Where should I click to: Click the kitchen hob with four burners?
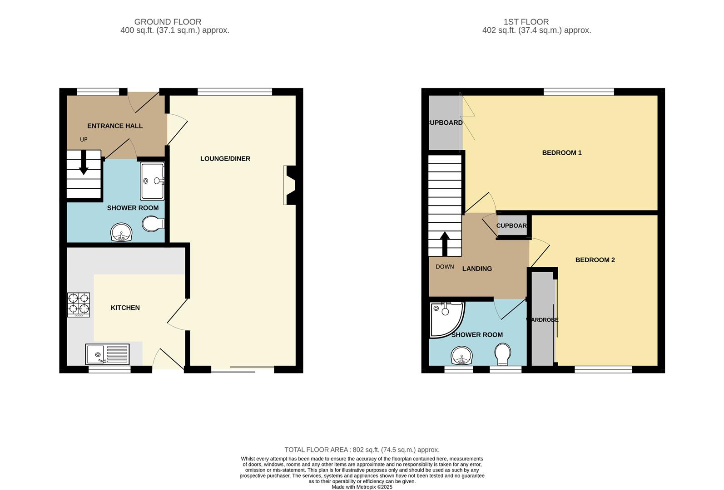tap(79, 305)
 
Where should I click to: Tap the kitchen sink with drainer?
tap(107, 354)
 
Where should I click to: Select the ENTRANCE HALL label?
tap(115, 126)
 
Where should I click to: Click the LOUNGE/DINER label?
tap(225, 159)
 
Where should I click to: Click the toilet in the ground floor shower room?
tap(153, 224)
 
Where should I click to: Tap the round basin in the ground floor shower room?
tap(121, 233)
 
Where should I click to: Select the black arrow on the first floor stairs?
tap(445, 244)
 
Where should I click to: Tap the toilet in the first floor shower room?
tap(503, 354)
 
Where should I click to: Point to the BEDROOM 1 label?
tap(562, 153)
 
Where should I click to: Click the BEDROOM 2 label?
tap(595, 260)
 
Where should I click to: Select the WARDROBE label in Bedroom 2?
tap(542, 320)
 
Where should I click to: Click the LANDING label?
tap(477, 269)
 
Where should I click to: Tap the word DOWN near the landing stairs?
tap(445, 267)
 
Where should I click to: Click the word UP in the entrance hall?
tap(84, 140)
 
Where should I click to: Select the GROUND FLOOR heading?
tap(168, 22)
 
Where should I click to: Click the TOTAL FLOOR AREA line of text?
tap(362, 450)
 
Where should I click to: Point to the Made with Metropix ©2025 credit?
tap(362, 487)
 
